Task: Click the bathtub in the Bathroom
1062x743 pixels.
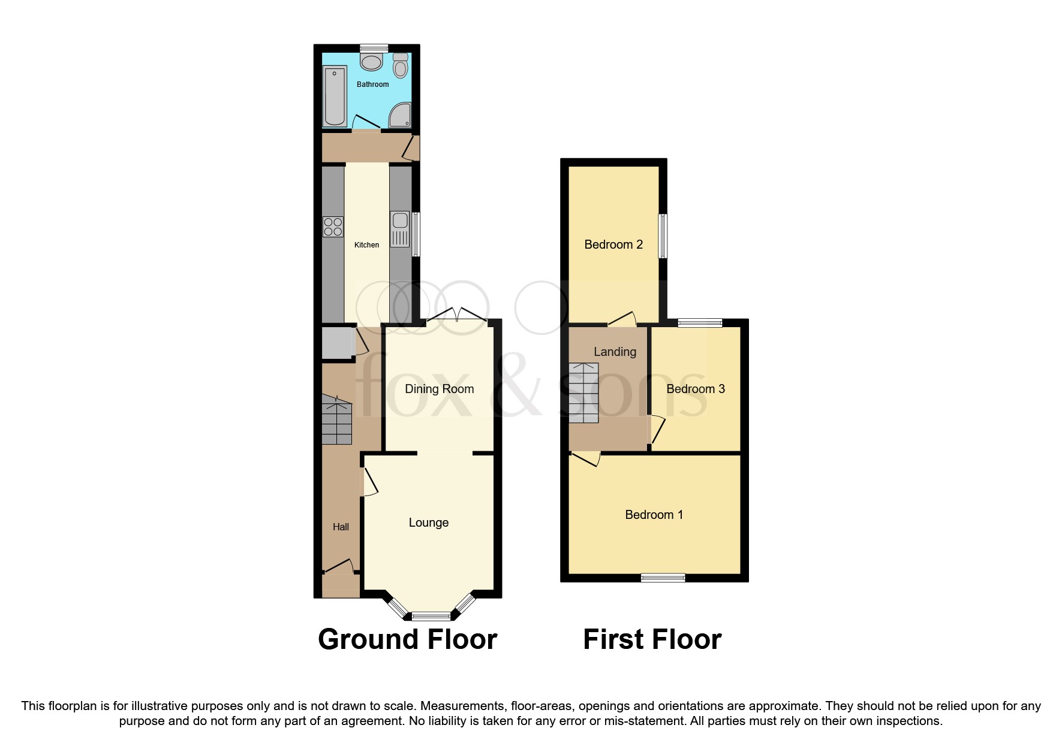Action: coord(335,96)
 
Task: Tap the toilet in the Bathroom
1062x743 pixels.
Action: coord(401,67)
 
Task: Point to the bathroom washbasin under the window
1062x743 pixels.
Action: coord(372,62)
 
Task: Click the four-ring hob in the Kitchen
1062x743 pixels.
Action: coord(333,227)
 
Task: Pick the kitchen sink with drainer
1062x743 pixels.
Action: coord(400,229)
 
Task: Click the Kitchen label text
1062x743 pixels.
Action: coord(366,245)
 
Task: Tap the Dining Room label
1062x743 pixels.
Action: coord(439,389)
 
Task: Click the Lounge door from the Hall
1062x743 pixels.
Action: coord(369,482)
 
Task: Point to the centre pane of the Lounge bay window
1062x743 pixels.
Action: coord(431,615)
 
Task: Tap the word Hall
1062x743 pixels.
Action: coord(341,527)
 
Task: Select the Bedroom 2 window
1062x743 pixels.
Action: coord(663,236)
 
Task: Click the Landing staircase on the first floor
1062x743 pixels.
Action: coord(583,392)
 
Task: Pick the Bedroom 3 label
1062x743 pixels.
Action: coord(695,389)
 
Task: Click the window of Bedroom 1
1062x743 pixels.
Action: coord(663,578)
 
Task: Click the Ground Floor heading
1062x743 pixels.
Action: coord(407,639)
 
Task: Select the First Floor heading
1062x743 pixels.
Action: coord(652,639)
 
